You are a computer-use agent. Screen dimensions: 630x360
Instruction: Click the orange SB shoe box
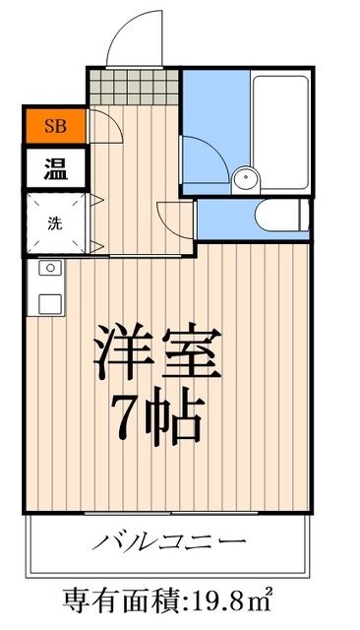click(54, 126)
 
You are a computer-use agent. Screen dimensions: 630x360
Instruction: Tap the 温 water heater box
click(54, 167)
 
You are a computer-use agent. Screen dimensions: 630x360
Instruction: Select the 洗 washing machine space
click(54, 221)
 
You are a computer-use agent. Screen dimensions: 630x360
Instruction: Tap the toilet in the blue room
click(275, 215)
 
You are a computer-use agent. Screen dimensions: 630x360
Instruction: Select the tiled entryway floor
click(133, 86)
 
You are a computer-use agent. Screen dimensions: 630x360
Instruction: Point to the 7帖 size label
click(157, 418)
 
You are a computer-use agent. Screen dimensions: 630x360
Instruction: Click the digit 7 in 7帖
click(128, 418)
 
